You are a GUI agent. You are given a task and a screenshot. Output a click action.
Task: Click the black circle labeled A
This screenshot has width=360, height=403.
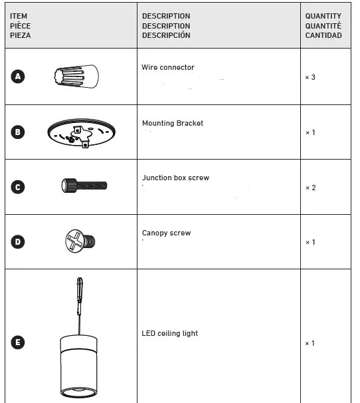(19, 76)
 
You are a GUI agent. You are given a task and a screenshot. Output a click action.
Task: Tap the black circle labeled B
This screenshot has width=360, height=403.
(19, 132)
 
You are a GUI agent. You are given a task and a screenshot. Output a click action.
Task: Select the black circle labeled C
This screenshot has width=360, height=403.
(19, 187)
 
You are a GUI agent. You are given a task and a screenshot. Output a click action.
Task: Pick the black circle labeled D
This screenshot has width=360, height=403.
(19, 241)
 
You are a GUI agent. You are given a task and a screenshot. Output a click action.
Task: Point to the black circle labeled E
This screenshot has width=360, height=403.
(19, 343)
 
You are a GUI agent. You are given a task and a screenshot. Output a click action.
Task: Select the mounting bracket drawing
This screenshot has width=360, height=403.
(81, 133)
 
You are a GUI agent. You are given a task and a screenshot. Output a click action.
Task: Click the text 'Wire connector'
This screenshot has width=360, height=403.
(168, 68)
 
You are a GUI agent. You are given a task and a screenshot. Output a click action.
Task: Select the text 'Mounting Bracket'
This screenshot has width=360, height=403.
(173, 123)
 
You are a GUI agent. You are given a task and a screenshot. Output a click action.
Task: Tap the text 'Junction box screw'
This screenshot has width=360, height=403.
(176, 178)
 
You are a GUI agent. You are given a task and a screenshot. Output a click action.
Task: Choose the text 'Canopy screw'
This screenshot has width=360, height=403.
(166, 233)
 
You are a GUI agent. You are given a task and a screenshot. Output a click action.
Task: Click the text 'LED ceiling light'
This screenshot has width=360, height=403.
(170, 334)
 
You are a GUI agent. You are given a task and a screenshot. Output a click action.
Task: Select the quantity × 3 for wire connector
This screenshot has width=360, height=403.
(310, 77)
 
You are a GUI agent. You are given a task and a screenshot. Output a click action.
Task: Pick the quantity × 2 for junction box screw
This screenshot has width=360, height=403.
(310, 188)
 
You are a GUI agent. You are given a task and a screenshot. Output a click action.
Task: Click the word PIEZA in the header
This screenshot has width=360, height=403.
(21, 35)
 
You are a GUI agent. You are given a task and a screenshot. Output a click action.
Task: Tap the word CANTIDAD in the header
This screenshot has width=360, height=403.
(323, 35)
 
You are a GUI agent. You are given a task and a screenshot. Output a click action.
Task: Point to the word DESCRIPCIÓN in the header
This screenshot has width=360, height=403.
(166, 35)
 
